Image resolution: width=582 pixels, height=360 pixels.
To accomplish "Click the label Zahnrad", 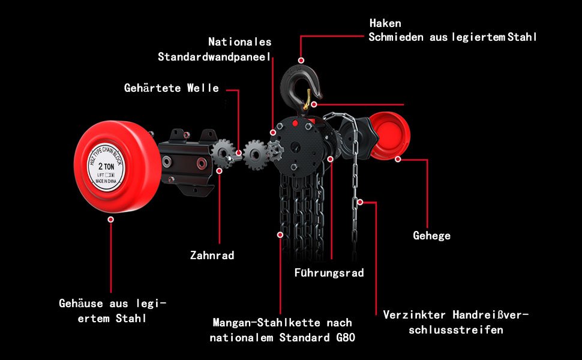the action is click(212, 256).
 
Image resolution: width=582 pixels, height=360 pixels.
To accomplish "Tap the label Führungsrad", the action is click(329, 273).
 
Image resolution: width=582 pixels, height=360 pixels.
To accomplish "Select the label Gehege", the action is click(431, 236).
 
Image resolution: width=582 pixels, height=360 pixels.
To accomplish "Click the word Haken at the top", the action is click(385, 23).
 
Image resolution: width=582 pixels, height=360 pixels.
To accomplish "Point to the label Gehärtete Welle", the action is click(172, 88).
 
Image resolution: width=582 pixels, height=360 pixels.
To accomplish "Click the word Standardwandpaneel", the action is click(214, 57).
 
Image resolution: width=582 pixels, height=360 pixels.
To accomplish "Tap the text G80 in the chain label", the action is click(346, 337).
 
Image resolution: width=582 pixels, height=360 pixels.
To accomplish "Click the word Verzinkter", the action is click(414, 315).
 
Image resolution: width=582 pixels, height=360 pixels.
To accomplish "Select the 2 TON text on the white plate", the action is click(106, 167).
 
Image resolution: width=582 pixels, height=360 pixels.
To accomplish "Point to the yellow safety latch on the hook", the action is click(307, 100).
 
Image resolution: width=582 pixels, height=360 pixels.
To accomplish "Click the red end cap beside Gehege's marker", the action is click(391, 136).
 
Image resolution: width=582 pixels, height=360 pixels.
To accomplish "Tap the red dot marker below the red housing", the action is click(110, 220).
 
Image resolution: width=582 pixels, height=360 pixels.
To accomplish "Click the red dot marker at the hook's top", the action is click(301, 60).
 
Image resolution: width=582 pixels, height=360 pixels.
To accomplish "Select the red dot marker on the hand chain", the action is click(360, 202).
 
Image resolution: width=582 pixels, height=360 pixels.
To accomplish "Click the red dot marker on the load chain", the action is click(280, 235).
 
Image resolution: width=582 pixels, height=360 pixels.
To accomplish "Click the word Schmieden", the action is click(395, 37).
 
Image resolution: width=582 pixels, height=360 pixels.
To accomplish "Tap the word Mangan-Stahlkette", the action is click(266, 323).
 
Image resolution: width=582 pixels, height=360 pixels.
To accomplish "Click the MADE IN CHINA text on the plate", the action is click(106, 181).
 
